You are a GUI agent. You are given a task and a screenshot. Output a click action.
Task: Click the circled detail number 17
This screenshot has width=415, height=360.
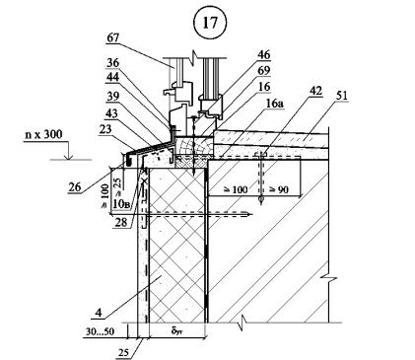pos(210,23)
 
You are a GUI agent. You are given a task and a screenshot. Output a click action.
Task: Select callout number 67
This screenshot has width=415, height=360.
pos(113,38)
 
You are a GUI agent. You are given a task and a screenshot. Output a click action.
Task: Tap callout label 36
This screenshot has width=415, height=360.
pos(113,62)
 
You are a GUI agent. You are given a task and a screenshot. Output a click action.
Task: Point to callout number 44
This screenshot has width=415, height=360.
pos(113,78)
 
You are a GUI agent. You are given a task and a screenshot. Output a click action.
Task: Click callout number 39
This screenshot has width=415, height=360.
pos(113,97)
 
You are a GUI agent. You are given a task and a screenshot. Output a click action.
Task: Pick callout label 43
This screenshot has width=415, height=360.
pos(111,113)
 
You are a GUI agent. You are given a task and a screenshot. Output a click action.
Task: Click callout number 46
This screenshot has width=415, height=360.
pos(263,55)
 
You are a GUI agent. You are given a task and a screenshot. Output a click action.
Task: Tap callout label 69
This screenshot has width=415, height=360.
pos(263,70)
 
